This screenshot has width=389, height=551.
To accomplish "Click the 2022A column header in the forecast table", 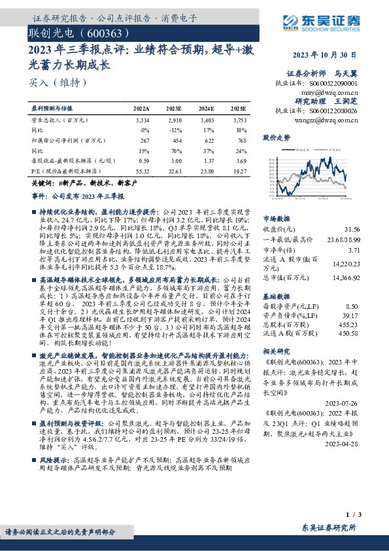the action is click(x=141, y=108).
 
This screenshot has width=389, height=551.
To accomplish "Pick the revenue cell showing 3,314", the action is click(x=141, y=121).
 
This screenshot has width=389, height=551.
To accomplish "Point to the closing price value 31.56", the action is click(x=351, y=229).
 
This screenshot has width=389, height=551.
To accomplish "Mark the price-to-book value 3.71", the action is click(x=354, y=250).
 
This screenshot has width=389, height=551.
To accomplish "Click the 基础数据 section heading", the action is click(x=276, y=296).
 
